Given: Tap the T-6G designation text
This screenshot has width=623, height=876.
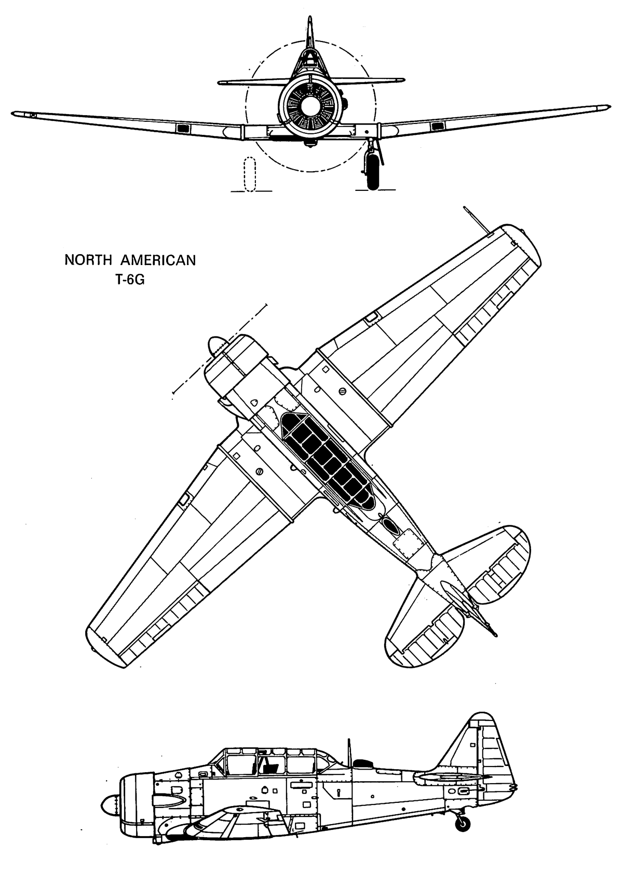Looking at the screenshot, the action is [x=130, y=281].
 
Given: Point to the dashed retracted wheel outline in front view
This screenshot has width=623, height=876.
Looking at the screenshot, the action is [x=249, y=174].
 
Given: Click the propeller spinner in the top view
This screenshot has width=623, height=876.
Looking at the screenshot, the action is [x=217, y=346].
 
